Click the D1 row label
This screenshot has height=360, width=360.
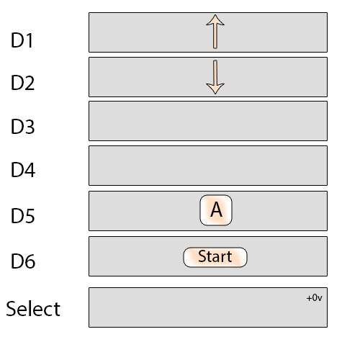[22, 40]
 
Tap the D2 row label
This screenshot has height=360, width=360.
[23, 83]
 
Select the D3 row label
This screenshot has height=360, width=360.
[23, 126]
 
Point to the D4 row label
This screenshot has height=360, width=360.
[23, 170]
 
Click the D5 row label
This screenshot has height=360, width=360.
[23, 215]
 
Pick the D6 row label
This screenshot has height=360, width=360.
[23, 261]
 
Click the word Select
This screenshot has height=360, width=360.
[33, 309]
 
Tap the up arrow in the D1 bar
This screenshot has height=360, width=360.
[215, 32]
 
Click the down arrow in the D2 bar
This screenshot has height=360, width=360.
[215, 77]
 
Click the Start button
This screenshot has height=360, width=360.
[215, 257]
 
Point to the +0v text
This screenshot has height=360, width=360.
[315, 298]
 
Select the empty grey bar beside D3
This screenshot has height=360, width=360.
[208, 121]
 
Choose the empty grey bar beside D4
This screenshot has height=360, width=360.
[208, 166]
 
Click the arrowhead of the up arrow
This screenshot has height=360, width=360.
[215, 20]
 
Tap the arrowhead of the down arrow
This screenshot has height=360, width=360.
[215, 89]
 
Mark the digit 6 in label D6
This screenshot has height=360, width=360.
[30, 261]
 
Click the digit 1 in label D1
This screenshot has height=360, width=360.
[29, 40]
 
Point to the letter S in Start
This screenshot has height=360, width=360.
[202, 256]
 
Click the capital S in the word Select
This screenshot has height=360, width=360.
[12, 309]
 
